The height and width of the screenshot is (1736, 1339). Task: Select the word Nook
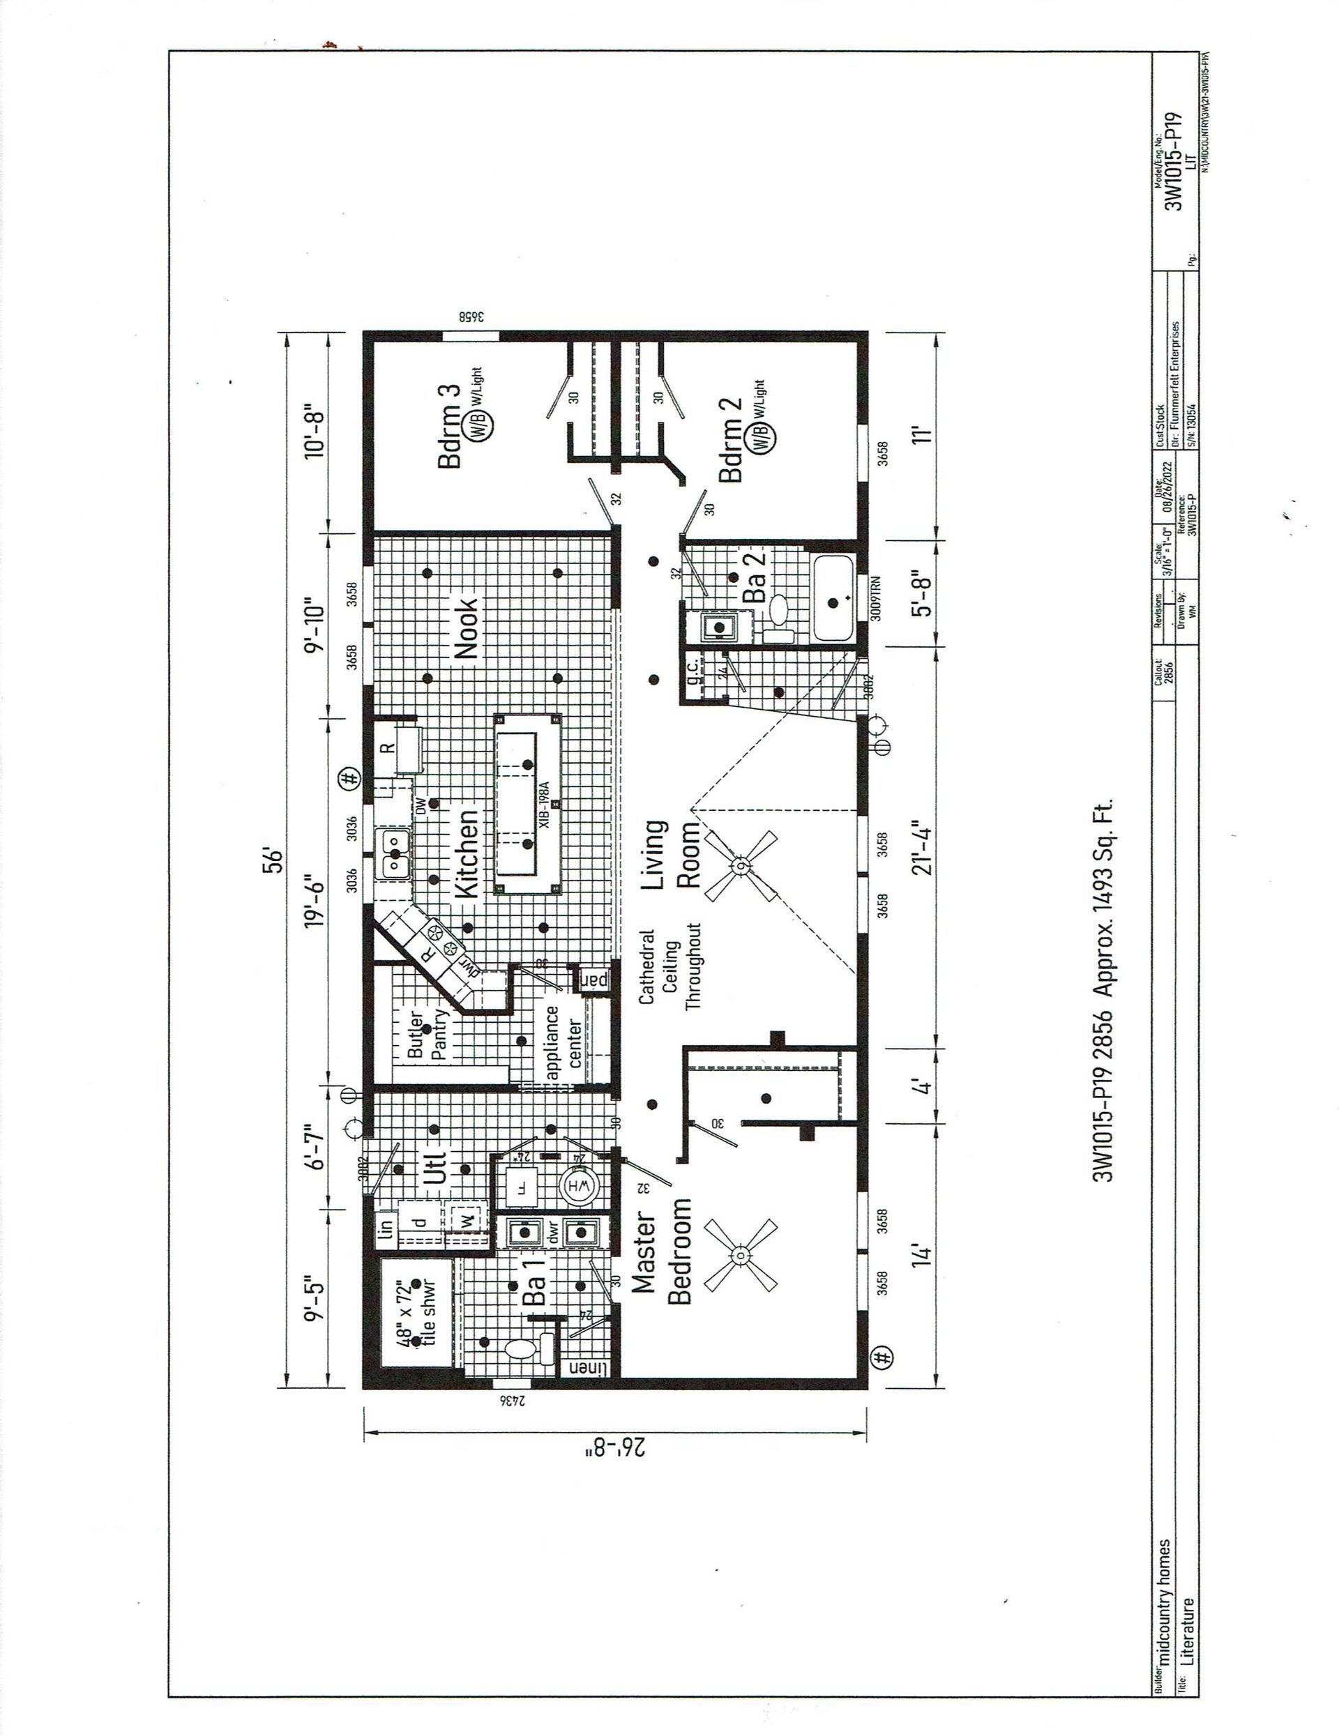pyautogui.click(x=465, y=629)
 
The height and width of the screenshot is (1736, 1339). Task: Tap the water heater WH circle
pyautogui.click(x=580, y=1187)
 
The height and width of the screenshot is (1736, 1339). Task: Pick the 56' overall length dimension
pyautogui.click(x=273, y=862)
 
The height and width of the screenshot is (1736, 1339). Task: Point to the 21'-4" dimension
pyautogui.click(x=920, y=848)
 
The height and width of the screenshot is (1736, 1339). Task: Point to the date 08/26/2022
pyautogui.click(x=1167, y=487)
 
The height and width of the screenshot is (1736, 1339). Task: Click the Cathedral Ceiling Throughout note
pyautogui.click(x=669, y=968)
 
